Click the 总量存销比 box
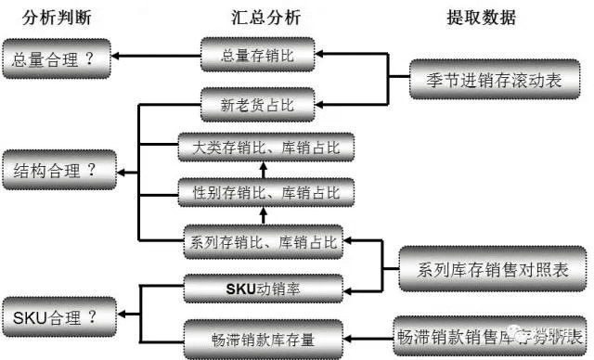[258, 56]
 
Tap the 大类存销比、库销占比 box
[265, 147]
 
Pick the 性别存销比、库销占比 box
[265, 192]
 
